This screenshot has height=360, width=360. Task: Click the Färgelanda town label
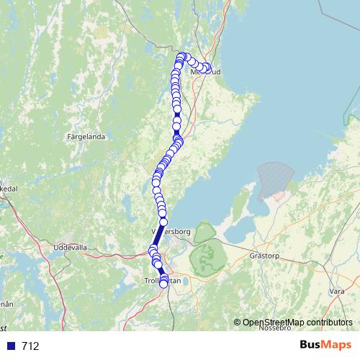[x=86, y=135]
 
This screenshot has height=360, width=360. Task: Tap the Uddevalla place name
[x=70, y=247]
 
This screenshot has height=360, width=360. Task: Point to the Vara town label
[x=336, y=291]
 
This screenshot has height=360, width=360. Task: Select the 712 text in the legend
[x=30, y=346]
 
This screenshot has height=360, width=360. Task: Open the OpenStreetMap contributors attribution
[x=297, y=323]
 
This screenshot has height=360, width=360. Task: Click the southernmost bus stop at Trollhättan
[x=163, y=284]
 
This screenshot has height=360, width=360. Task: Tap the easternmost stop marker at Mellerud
[x=207, y=68]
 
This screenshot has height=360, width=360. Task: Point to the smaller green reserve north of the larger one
[x=204, y=232]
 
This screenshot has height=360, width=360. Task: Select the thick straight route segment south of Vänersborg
[x=159, y=237]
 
